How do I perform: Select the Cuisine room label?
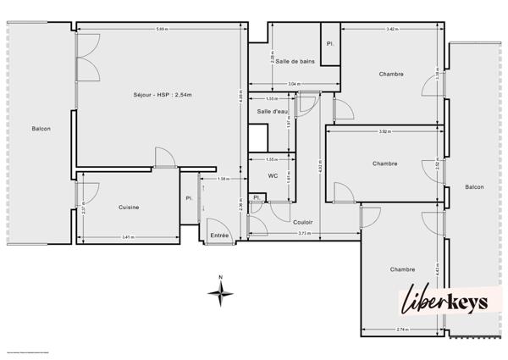pyautogui.click(x=129, y=207)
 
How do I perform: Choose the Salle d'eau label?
pyautogui.click(x=272, y=111)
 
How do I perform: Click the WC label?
pyautogui.click(x=273, y=176)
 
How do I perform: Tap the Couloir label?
pyautogui.click(x=303, y=222)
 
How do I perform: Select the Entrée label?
pyautogui.click(x=220, y=235)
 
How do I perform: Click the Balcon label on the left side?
pyautogui.click(x=41, y=129)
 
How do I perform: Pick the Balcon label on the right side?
pyautogui.click(x=474, y=187)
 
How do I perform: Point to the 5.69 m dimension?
pyautogui.click(x=161, y=30)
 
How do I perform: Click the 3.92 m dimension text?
pyautogui.click(x=384, y=131)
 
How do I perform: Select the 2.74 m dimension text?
pyautogui.click(x=401, y=329)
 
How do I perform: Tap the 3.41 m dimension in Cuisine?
pyautogui.click(x=127, y=236)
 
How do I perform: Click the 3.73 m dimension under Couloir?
pyautogui.click(x=303, y=233)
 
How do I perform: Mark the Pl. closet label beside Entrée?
pyautogui.click(x=189, y=198)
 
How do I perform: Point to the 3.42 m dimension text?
pyautogui.click(x=392, y=30)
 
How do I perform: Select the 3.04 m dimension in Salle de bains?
pyautogui.click(x=292, y=84)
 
